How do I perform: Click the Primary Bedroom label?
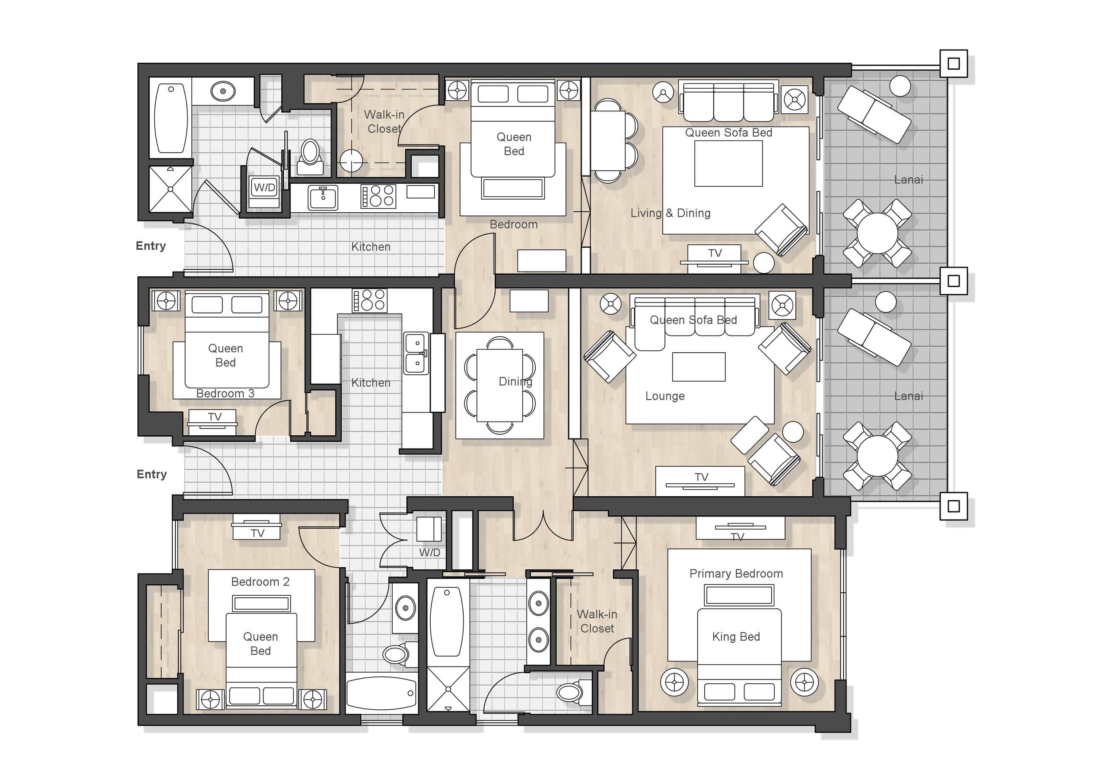pyautogui.click(x=736, y=573)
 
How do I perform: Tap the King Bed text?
pyautogui.click(x=736, y=636)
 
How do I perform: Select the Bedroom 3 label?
pyautogui.click(x=225, y=393)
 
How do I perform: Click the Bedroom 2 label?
pyautogui.click(x=260, y=581)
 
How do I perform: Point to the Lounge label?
pyautogui.click(x=665, y=396)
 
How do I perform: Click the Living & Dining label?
pyautogui.click(x=670, y=213)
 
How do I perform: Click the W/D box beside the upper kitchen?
pyautogui.click(x=264, y=187)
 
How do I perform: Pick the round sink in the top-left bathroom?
pyautogui.click(x=223, y=91)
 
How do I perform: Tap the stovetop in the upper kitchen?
pyautogui.click(x=378, y=196)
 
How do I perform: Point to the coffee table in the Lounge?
pyautogui.click(x=699, y=367)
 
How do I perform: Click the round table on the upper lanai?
pyautogui.click(x=877, y=233)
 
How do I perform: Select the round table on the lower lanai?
pyautogui.click(x=877, y=456)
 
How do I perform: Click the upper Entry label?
pyautogui.click(x=151, y=246)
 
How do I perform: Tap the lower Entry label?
pyautogui.click(x=152, y=474)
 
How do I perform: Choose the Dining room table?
pyautogui.click(x=499, y=385)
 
